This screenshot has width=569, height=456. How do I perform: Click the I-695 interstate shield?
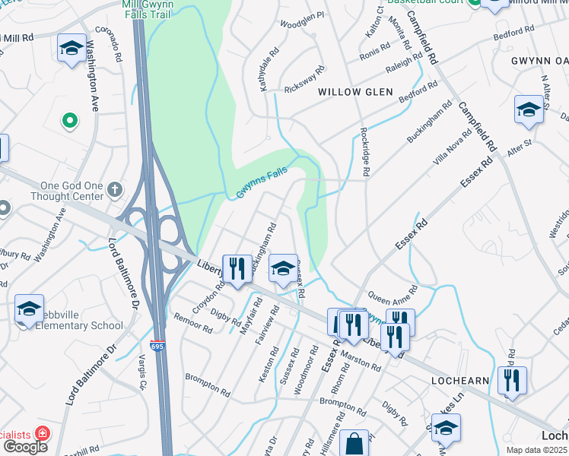click(157, 346)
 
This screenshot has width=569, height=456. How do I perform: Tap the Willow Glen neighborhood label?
click(355, 92)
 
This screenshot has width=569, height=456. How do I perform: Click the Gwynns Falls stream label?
click(261, 183)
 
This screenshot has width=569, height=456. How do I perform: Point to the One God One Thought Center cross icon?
click(115, 188)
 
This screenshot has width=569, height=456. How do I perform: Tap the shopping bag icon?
click(354, 443)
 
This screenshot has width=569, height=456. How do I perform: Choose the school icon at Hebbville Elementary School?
click(29, 309)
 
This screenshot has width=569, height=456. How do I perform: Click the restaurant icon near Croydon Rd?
click(237, 268)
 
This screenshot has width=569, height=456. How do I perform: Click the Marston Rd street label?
click(361, 358)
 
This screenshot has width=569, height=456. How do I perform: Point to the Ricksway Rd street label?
click(305, 78)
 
